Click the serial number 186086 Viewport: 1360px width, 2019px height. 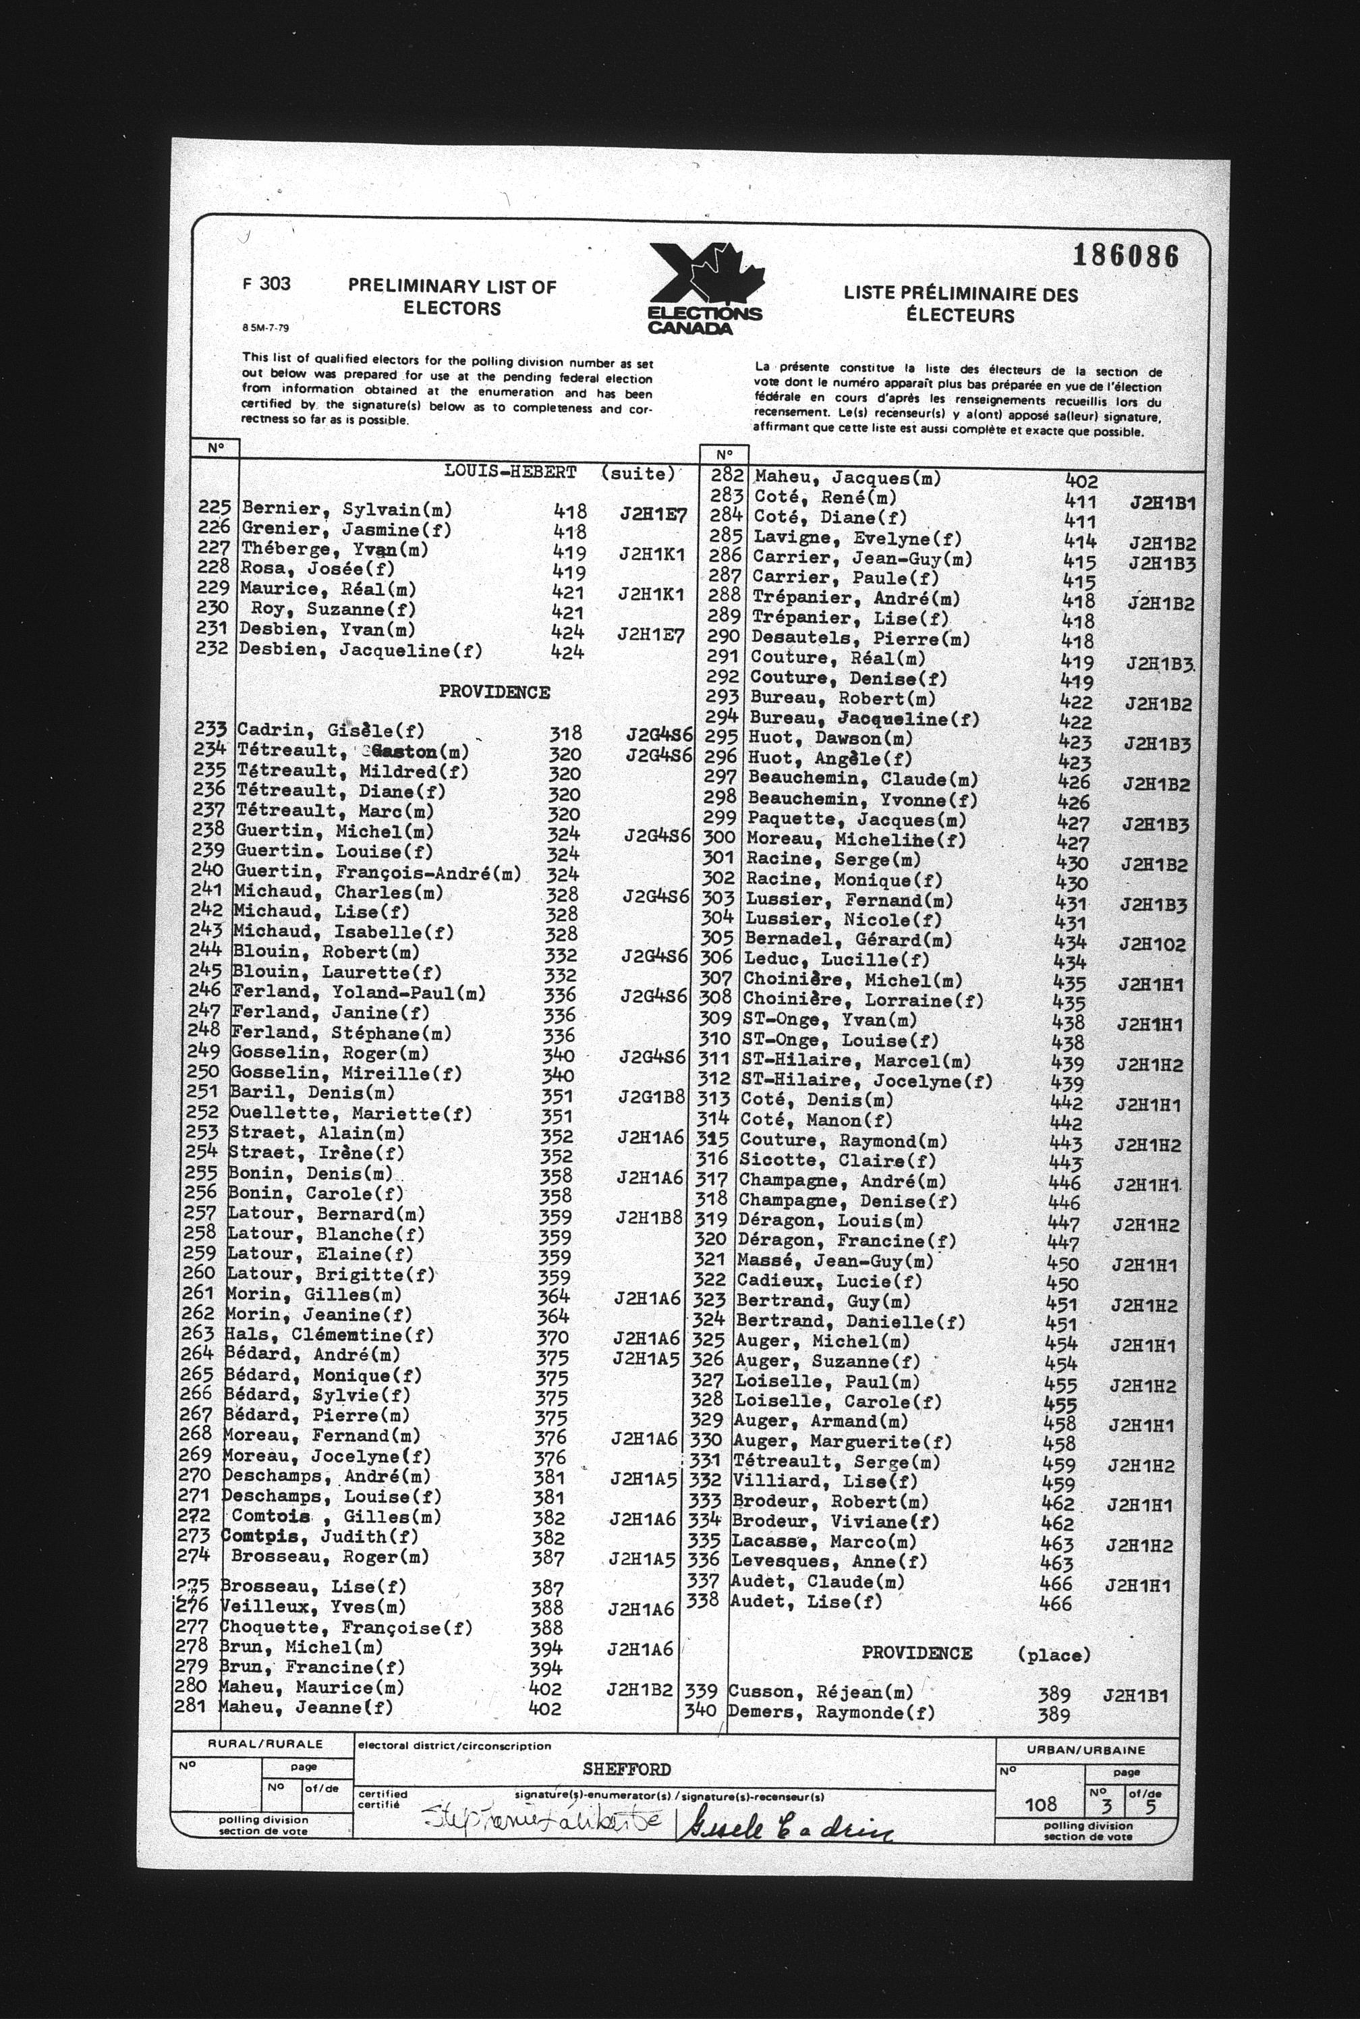[1125, 255]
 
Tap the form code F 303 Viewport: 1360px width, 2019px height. [267, 283]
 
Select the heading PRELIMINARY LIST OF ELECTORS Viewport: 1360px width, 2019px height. [452, 297]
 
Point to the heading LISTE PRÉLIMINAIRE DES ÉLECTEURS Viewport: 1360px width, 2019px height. [960, 304]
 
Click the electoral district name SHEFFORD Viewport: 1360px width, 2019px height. [626, 1770]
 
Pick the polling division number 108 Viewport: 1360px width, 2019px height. [1040, 1804]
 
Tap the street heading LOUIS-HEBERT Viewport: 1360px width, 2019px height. [510, 472]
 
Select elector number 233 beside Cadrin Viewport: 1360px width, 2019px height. [210, 729]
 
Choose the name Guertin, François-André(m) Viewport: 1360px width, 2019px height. [378, 872]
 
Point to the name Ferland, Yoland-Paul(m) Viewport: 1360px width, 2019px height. [358, 993]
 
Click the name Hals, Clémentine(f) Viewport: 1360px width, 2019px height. [330, 1335]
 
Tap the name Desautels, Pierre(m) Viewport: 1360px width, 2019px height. [859, 638]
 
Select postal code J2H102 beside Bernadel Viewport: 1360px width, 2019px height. [1151, 944]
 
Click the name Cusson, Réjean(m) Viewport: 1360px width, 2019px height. [820, 1691]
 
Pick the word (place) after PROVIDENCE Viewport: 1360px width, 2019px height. [1053, 1654]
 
